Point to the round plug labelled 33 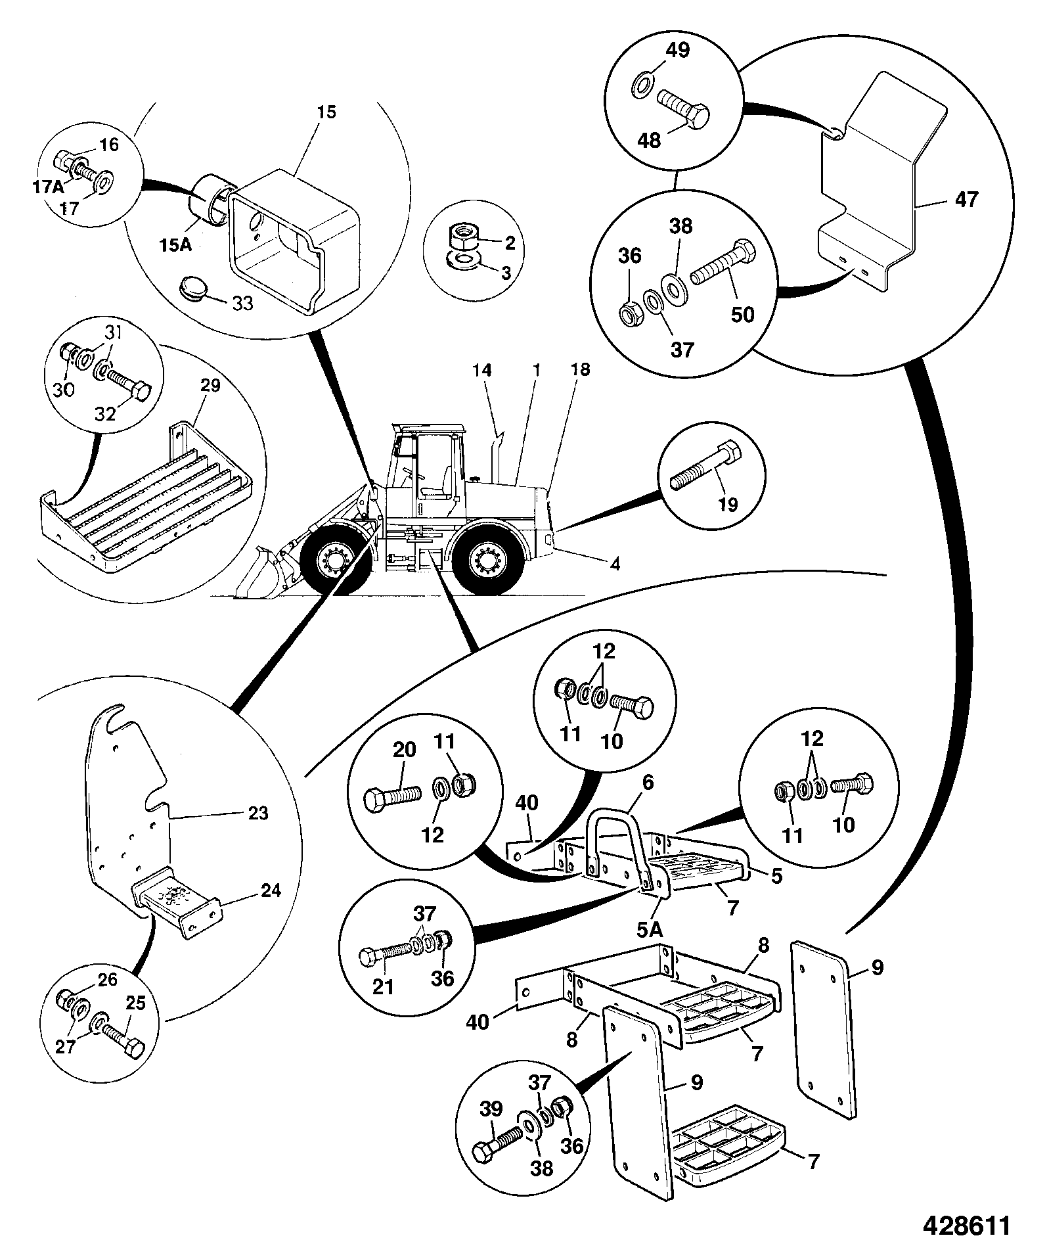[x=192, y=288]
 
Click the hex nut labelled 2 [x=464, y=234]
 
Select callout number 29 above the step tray [x=210, y=385]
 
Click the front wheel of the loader [x=331, y=559]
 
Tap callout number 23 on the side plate [x=258, y=813]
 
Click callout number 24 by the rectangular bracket [x=270, y=890]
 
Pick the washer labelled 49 [x=642, y=85]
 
